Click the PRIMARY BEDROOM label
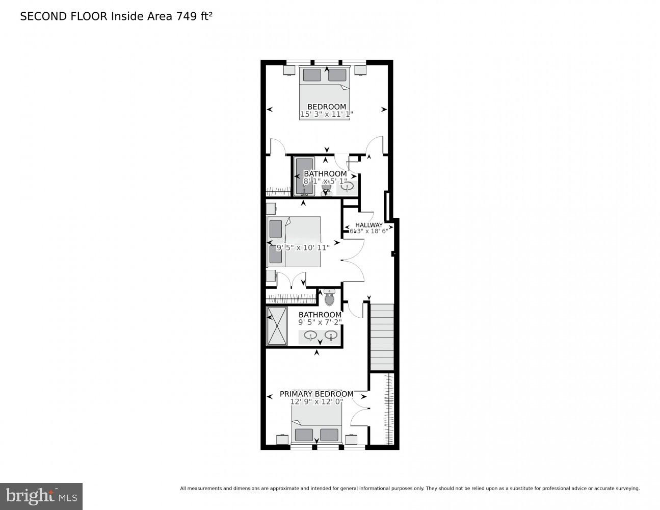coord(316,394)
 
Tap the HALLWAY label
coord(368,225)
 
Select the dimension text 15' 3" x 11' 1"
coord(326,114)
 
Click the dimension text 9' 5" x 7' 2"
coord(320,322)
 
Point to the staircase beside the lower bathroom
coord(382,337)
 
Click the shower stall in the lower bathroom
coord(277,326)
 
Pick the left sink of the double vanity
coord(310,336)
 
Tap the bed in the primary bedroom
coord(316,426)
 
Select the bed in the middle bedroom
coord(294,242)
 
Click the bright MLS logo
coord(41,496)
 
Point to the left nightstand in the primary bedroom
coord(282,439)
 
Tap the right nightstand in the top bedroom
coord(360,70)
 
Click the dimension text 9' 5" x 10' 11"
coord(303,247)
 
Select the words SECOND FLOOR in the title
coord(63,16)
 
